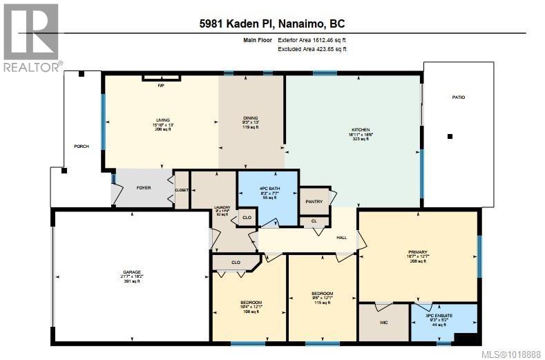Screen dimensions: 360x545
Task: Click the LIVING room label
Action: [x=162, y=120]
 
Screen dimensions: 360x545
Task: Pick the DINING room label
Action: [x=249, y=118]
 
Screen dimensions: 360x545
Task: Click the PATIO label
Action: [x=458, y=97]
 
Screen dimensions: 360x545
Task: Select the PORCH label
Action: [x=82, y=146]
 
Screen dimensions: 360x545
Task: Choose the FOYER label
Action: [x=143, y=187]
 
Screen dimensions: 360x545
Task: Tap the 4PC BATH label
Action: [x=267, y=188]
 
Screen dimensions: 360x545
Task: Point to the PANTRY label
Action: [x=314, y=202]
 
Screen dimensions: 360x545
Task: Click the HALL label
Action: [x=341, y=237]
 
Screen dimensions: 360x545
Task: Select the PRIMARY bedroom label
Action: [x=418, y=252]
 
